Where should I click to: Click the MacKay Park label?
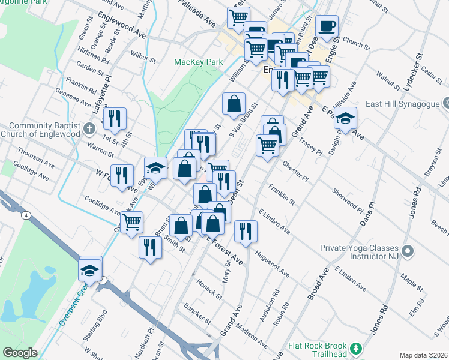(x=198, y=62)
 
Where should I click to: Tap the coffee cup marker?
(x=327, y=26)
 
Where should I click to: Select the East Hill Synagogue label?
(x=409, y=104)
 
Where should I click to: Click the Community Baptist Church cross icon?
(x=89, y=128)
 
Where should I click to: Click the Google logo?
(x=20, y=353)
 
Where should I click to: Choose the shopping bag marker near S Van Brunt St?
(x=233, y=104)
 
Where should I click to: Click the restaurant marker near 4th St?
(x=113, y=118)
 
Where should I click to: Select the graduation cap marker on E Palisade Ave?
(x=345, y=118)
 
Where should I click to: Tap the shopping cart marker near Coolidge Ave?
(x=131, y=223)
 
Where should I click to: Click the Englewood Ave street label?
(x=121, y=25)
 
